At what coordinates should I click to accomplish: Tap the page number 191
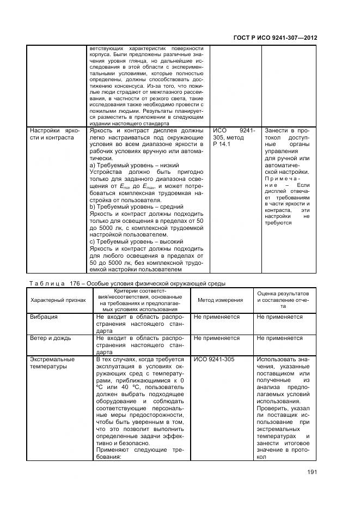coord(310,472)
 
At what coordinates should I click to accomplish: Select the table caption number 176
coord(73,283)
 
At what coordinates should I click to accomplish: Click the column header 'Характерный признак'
coord(54,300)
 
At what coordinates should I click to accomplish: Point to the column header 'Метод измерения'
coord(220,300)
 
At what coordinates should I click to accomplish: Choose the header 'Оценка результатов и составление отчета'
coord(283,300)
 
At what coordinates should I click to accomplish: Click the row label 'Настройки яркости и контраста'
coord(54,134)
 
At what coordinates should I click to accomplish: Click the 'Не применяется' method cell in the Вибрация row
coord(217,317)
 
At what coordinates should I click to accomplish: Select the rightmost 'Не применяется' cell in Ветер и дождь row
coord(280,338)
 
